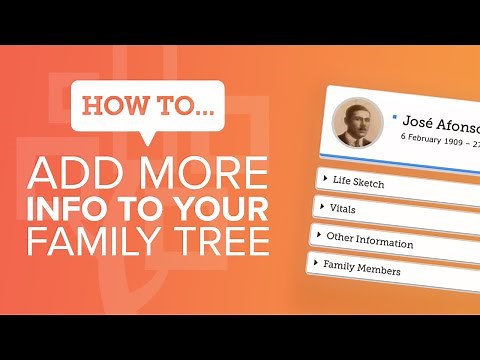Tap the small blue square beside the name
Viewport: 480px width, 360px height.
(396, 116)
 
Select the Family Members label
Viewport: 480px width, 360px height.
(362, 269)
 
